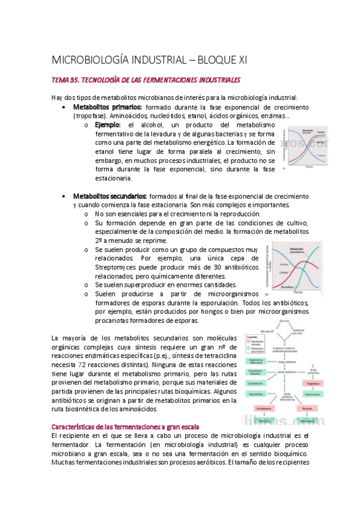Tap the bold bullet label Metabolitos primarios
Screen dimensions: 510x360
tap(107, 106)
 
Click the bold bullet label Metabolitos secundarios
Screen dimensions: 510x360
tap(110, 196)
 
